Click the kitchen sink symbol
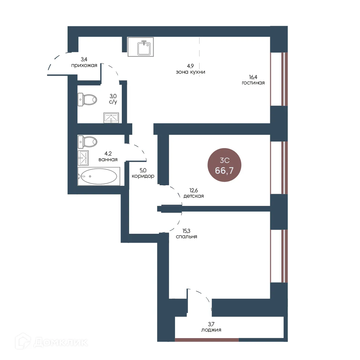point(141,47)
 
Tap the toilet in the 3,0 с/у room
point(87,100)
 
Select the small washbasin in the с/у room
point(111,118)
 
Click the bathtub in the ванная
point(99,176)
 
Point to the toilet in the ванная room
point(87,142)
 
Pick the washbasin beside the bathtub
point(83,158)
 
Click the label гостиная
point(253,83)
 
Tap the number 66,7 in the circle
point(224,171)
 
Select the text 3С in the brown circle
point(225,160)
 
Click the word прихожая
point(84,65)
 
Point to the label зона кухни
point(190,72)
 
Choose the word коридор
point(143,176)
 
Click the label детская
point(193,196)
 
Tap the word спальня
point(187,237)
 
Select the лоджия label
point(211,330)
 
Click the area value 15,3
point(187,231)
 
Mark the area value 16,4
point(253,77)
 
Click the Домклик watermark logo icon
point(23,341)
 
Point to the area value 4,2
point(108,154)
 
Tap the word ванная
point(108,160)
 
